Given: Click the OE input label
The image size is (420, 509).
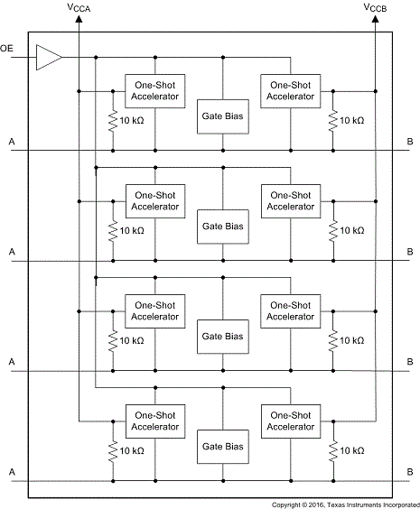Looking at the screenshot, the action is point(6,49).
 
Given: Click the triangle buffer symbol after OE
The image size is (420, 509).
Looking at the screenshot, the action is point(49,58).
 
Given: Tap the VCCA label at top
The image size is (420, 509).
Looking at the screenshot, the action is point(79,8).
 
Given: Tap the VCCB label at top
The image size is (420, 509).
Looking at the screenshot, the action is point(375,8).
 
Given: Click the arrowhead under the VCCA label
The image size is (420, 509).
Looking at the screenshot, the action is point(79,19).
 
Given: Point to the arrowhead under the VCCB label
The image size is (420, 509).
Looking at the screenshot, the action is point(375,19).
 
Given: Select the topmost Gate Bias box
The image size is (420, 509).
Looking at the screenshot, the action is point(223,116).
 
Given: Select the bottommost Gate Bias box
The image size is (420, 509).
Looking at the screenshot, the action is point(223,447).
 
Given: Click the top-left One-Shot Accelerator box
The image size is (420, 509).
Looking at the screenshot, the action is point(155,91).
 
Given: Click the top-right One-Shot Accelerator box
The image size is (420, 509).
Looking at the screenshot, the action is point(291,91).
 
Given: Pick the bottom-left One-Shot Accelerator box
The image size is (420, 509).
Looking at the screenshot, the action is point(155,421).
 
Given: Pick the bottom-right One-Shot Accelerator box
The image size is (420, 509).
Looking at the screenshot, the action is point(291,421).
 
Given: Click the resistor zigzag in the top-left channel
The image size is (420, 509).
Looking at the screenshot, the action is point(113,121).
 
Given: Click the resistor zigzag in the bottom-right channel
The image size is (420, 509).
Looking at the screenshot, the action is point(333,451).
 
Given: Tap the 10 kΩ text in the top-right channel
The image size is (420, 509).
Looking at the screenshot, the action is point(351,121).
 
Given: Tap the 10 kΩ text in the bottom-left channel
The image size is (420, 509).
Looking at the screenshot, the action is point(132,451).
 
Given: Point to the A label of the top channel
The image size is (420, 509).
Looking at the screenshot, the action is point(12,142).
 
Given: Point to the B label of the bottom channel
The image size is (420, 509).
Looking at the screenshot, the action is point(410,472).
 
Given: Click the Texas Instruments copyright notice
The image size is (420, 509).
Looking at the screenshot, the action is point(346,504).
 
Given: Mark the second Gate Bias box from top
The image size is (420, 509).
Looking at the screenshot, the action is point(223,227).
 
